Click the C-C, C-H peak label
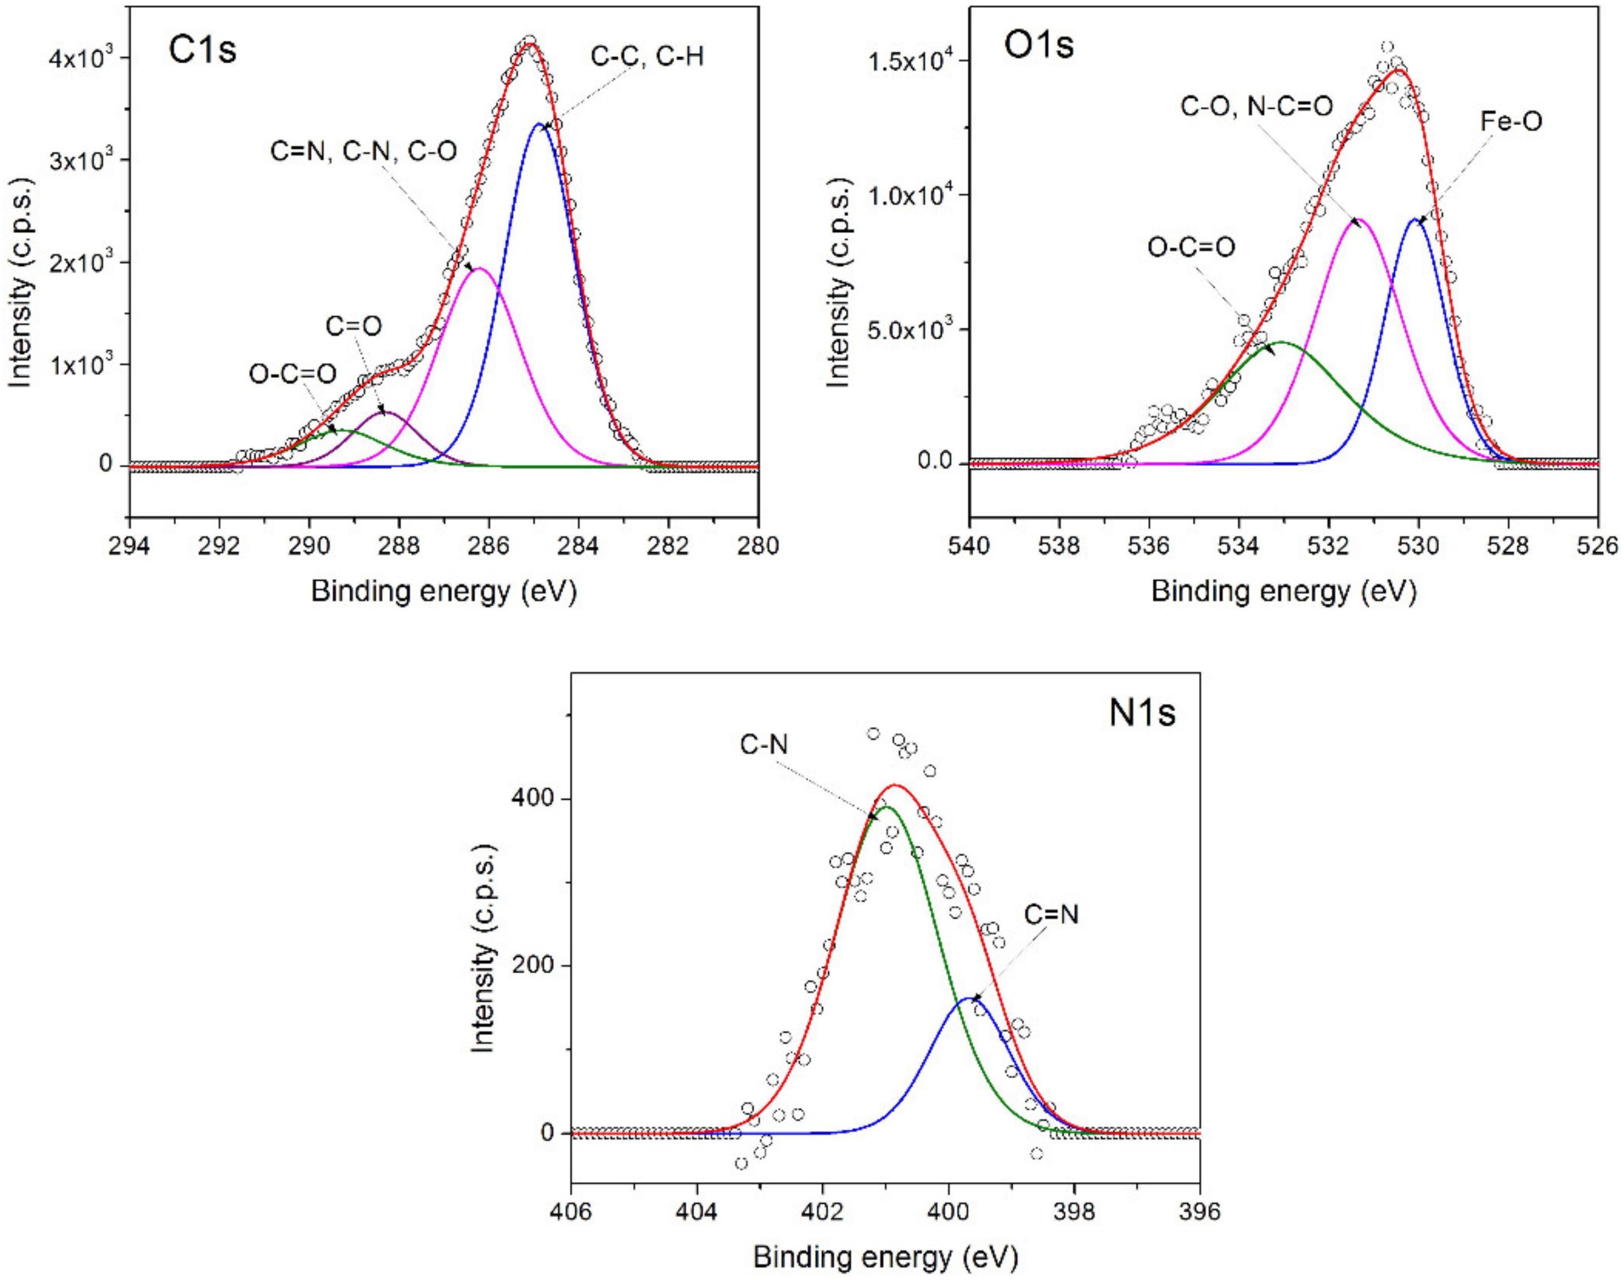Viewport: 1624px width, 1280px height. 647,56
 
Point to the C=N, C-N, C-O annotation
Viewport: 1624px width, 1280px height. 363,152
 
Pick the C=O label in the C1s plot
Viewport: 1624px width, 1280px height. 353,326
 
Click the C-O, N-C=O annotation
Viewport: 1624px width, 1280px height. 1257,106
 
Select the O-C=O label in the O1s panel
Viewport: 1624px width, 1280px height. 1192,247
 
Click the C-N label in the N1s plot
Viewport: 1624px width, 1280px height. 764,744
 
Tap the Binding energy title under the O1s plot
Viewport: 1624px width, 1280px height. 1283,591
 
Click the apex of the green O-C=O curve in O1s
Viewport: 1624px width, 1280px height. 1282,342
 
